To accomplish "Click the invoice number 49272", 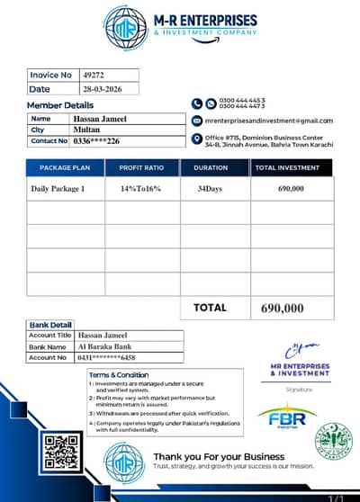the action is pos(94,75).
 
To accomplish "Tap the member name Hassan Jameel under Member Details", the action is pos(100,119).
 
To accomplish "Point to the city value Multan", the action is pos(86,130).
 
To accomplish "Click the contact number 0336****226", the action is pos(96,141).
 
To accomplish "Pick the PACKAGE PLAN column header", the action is pos(65,167).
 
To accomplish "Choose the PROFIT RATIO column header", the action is pos(141,167).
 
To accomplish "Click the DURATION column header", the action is pos(214,167).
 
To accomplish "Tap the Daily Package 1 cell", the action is pos(58,189).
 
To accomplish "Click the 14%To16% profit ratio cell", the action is pos(140,189).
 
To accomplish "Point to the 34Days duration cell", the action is pos(215,189).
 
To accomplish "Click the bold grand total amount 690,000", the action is pos(283,308).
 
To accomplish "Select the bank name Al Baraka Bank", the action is pos(104,346).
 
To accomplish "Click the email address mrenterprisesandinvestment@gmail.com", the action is pos(268,121).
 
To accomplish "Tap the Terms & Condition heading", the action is pos(119,374).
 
